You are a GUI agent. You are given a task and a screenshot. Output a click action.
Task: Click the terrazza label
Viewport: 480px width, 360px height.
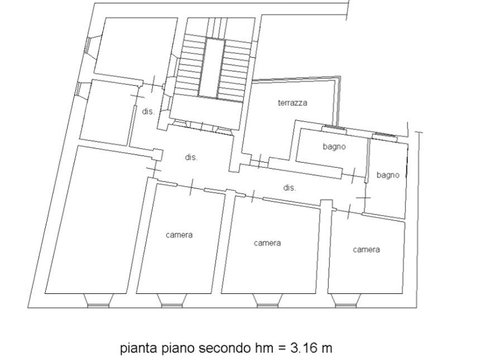click(292, 103)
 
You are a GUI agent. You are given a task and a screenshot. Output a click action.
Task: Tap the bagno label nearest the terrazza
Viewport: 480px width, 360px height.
click(334, 147)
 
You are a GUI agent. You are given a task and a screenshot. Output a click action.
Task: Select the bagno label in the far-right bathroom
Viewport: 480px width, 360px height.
click(388, 175)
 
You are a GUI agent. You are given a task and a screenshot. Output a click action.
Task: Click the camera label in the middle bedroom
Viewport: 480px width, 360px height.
click(267, 243)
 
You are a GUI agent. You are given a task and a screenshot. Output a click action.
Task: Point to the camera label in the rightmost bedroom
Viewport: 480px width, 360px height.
click(366, 250)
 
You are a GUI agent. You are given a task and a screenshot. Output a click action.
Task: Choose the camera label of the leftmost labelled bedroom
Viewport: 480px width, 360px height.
click(179, 235)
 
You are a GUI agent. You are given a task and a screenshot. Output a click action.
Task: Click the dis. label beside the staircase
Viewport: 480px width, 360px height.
click(148, 111)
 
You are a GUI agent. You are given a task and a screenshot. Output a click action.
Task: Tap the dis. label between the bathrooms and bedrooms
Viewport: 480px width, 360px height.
click(289, 188)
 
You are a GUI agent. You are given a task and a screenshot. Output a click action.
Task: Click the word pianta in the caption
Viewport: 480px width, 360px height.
click(139, 348)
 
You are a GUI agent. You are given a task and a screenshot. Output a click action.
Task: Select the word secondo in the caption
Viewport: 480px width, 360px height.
click(225, 348)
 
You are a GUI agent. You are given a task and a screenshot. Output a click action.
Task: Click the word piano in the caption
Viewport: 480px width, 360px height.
click(178, 349)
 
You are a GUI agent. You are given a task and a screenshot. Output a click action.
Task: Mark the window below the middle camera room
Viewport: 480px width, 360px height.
click(268, 300)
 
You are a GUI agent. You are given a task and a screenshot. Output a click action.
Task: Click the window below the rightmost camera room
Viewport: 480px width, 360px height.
click(346, 300)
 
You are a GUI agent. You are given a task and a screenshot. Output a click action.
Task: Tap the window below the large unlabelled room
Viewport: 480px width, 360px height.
click(98, 300)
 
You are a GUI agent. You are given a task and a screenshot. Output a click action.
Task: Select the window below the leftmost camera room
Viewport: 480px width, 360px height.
click(172, 300)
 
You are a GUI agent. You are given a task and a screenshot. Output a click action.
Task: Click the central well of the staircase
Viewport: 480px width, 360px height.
click(211, 68)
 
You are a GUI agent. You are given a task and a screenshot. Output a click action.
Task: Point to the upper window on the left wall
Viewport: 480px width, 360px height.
click(89, 45)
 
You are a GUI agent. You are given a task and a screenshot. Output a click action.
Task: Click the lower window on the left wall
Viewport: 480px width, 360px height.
click(79, 89)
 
